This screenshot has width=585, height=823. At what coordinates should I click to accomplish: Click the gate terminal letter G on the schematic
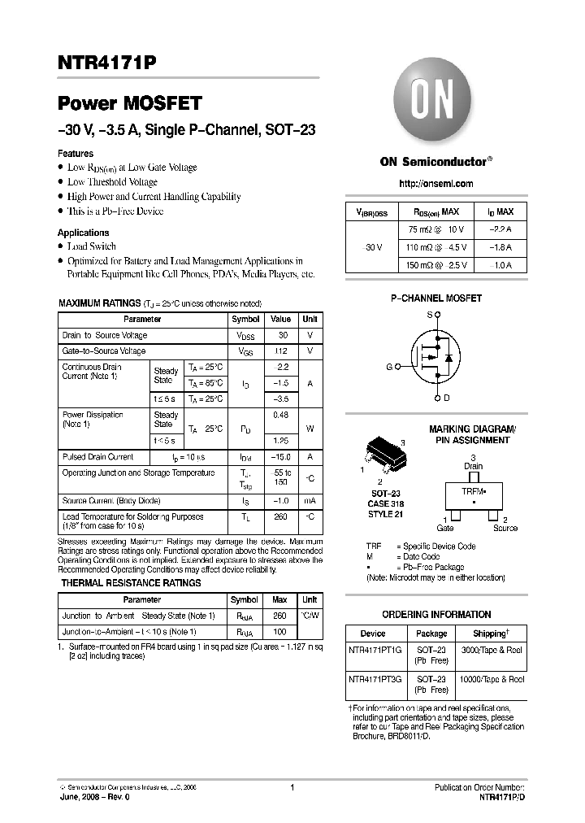pos(389,367)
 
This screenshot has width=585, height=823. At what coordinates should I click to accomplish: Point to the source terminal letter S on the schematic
pos(430,314)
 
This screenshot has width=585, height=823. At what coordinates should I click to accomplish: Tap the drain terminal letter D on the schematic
pos(446,398)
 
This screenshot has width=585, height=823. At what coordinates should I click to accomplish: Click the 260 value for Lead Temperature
pos(280,516)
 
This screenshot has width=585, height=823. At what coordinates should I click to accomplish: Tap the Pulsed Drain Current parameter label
pos(97,457)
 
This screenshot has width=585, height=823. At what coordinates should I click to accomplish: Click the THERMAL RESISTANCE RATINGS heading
pos(132,583)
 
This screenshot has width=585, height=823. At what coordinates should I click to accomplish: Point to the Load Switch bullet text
pos(92,246)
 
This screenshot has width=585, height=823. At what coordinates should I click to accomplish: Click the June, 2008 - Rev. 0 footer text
pos(94,798)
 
